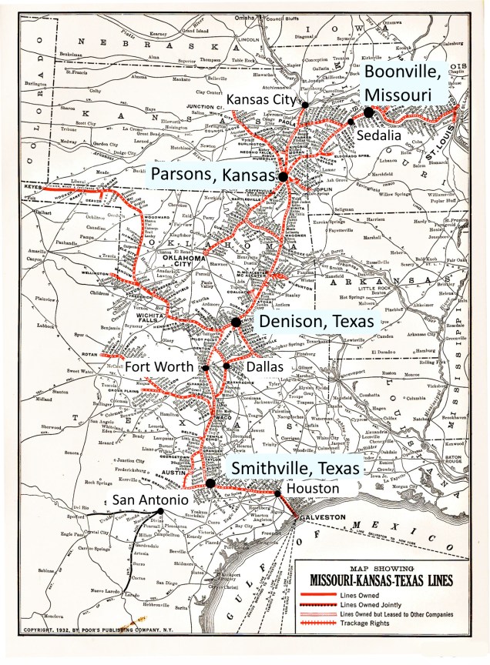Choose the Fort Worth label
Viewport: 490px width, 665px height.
coord(159,367)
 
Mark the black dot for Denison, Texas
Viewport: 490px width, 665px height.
coord(236,322)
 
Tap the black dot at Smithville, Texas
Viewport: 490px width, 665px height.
coord(210,483)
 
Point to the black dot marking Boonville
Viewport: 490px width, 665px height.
coord(369,112)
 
